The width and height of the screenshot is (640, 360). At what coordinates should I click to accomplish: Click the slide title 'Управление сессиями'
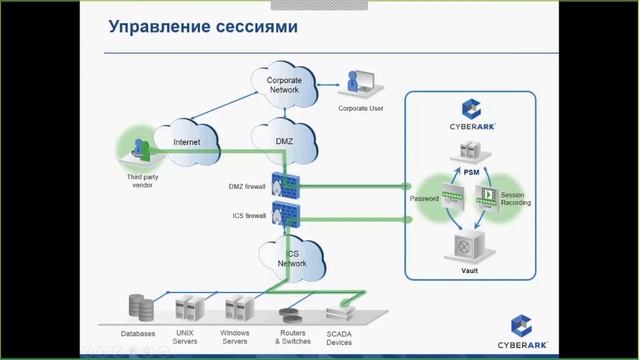[x=203, y=27]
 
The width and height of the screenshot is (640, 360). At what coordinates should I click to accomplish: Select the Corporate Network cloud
[x=283, y=85]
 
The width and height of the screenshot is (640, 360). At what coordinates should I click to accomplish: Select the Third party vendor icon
[x=141, y=151]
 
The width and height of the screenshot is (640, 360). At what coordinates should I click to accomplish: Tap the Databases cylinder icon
[x=139, y=306]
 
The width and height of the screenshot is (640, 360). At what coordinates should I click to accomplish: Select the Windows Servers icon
[x=236, y=306]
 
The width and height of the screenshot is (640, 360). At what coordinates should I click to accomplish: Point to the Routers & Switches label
[x=293, y=337]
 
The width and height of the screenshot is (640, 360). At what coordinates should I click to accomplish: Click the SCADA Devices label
[x=339, y=337]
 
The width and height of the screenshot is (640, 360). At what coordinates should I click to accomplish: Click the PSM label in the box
[x=472, y=172]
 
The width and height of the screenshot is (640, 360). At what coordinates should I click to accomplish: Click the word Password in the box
[x=425, y=198]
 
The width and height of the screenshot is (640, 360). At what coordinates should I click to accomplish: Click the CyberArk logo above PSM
[x=473, y=114]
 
